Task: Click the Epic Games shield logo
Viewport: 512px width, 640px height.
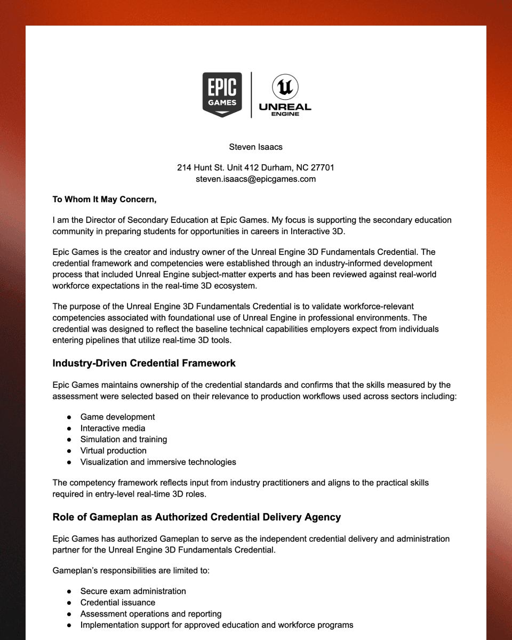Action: [x=222, y=94]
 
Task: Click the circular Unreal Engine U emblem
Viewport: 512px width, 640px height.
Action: [x=285, y=87]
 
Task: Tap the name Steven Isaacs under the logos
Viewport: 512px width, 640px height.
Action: [x=255, y=147]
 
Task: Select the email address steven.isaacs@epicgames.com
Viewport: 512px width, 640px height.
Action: [x=255, y=179]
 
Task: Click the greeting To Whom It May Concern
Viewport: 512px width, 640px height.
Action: [x=105, y=199]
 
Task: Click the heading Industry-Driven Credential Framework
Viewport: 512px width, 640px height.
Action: [x=144, y=363]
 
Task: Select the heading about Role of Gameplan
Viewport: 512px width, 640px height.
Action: [x=196, y=517]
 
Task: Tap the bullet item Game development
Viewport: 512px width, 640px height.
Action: [x=117, y=417]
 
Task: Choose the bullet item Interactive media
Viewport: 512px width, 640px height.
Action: [x=113, y=428]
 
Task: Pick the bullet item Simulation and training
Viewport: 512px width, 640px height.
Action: [x=123, y=439]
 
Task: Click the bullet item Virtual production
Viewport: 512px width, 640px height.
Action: [x=113, y=450]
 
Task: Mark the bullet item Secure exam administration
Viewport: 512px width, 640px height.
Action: [x=133, y=591]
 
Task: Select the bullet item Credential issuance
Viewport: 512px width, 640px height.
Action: [x=117, y=602]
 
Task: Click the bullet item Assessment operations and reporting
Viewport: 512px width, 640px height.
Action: [x=150, y=613]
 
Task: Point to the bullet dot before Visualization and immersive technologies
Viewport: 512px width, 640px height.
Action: [x=69, y=462]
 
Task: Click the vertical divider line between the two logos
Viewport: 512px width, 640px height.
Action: [x=251, y=94]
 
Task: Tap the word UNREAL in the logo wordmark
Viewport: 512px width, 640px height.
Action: [x=285, y=107]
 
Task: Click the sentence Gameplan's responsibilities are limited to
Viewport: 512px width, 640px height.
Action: [x=131, y=571]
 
